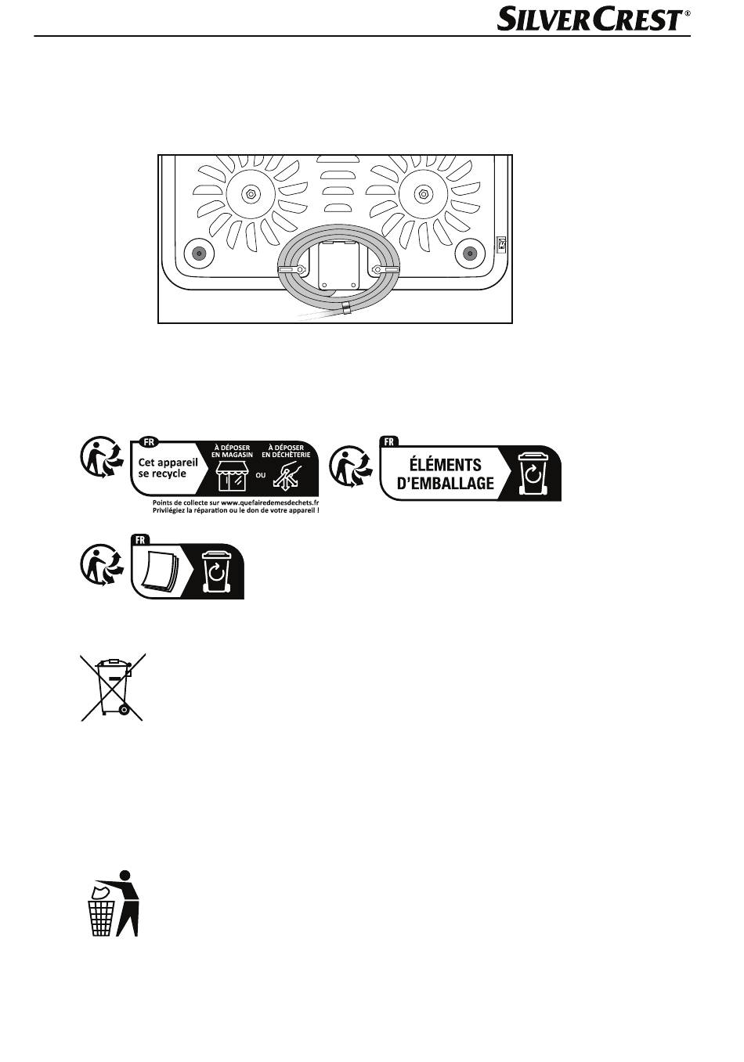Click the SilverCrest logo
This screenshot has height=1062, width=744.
pyautogui.click(x=594, y=20)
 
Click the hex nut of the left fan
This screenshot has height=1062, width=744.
pyautogui.click(x=251, y=193)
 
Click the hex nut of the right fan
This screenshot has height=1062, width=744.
pyautogui.click(x=423, y=193)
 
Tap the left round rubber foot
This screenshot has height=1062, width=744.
pyautogui.click(x=199, y=254)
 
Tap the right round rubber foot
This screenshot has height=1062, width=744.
pyautogui.click(x=470, y=254)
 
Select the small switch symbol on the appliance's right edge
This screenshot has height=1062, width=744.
pyautogui.click(x=501, y=244)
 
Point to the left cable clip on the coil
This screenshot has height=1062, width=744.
pyautogui.click(x=292, y=270)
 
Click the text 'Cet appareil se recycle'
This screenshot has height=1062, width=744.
pyautogui.click(x=168, y=469)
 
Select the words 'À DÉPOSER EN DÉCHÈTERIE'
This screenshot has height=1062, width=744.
pyautogui.click(x=286, y=451)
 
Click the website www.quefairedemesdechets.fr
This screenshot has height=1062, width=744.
pyautogui.click(x=269, y=503)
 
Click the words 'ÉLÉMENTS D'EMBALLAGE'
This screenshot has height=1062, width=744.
pyautogui.click(x=446, y=473)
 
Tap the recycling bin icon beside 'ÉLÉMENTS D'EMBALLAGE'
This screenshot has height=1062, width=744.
pyautogui.click(x=533, y=473)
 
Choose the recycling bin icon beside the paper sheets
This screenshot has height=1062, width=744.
pyautogui.click(x=217, y=571)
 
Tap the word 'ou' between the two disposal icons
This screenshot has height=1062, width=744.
pyautogui.click(x=261, y=474)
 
